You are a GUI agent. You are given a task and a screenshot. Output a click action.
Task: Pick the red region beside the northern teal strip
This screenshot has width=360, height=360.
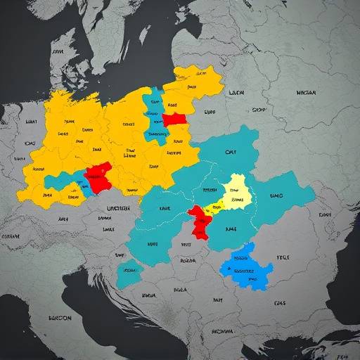pyautogui.click(x=176, y=120)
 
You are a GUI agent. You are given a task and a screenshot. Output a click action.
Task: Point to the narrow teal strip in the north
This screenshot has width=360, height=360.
pyautogui.click(x=153, y=116)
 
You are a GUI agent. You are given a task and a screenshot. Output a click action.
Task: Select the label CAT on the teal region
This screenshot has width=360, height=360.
pyautogui.click(x=231, y=151)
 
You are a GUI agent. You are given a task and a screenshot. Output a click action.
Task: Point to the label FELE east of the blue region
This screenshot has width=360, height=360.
pyautogui.click(x=282, y=258)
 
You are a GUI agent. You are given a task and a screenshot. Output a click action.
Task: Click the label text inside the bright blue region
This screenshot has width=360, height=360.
pyautogui.click(x=243, y=270)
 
